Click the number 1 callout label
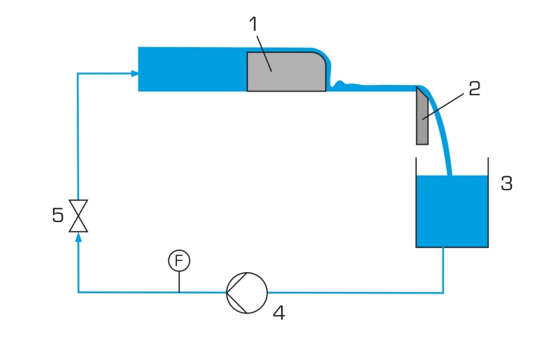253,24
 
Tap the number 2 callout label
474,89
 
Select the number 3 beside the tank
507,184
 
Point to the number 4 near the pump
279,313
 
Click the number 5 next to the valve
58,215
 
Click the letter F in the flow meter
179,260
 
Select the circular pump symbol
247,293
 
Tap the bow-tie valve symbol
78,215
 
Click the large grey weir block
286,72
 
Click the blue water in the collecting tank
452,211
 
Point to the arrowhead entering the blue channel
134,74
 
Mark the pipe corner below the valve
78,292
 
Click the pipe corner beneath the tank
443,292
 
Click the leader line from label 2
443,107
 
